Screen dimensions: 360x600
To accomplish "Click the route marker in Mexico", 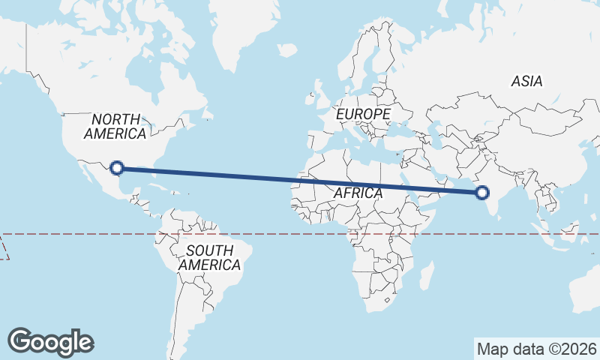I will tap(116, 167).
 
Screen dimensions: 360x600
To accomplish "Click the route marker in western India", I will tap(482, 193).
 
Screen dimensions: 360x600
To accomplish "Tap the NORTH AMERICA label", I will tap(115, 127).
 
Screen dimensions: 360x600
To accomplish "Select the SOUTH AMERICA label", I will tap(209, 257).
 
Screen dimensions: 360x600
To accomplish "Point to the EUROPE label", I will tap(363, 114).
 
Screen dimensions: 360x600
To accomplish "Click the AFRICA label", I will tap(358, 193).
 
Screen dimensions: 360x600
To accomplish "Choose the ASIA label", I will tap(526, 81).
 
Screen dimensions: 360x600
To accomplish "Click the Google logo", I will tap(50, 342).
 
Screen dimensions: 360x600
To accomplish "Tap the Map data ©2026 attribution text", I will tap(537, 349).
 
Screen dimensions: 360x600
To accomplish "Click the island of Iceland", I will tap(286, 49).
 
